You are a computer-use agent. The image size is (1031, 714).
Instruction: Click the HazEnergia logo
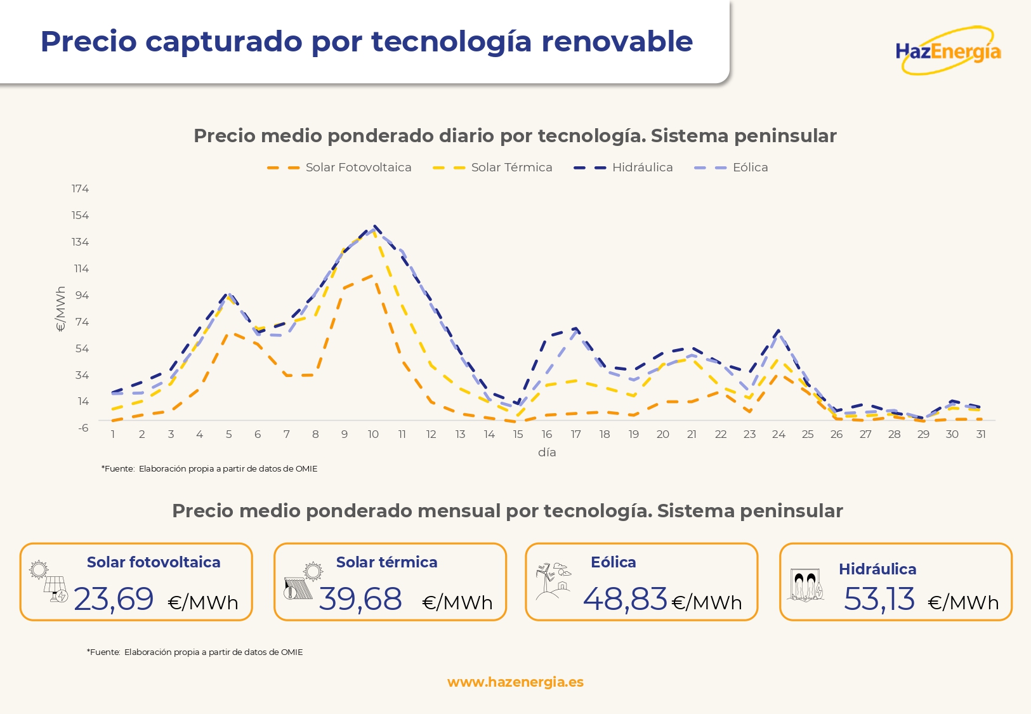click(948, 51)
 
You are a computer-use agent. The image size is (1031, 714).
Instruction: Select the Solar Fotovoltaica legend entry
click(339, 168)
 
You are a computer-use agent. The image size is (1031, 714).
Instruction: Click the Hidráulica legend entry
click(624, 168)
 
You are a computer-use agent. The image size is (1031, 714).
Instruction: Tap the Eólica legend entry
click(732, 168)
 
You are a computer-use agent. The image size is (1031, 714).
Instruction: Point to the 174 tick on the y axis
click(80, 188)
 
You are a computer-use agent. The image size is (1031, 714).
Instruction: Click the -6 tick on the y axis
click(83, 428)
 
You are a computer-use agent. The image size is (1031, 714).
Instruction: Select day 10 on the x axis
click(373, 434)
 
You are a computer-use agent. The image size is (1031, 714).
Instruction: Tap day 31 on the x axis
click(981, 434)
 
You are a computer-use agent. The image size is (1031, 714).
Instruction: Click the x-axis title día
click(547, 452)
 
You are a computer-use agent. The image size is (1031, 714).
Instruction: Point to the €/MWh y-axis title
click(61, 309)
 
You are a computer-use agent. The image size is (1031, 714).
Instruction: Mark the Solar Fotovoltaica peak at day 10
click(374, 275)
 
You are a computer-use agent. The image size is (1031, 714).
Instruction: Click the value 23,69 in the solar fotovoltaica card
click(114, 599)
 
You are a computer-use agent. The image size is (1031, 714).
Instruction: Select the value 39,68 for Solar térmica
click(360, 599)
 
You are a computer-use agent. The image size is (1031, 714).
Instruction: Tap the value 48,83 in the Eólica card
click(625, 599)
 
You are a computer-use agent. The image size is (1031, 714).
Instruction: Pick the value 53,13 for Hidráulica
click(879, 599)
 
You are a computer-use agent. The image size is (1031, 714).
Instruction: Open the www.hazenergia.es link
click(515, 682)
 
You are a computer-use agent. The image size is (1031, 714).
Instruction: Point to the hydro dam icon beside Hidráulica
click(806, 585)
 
